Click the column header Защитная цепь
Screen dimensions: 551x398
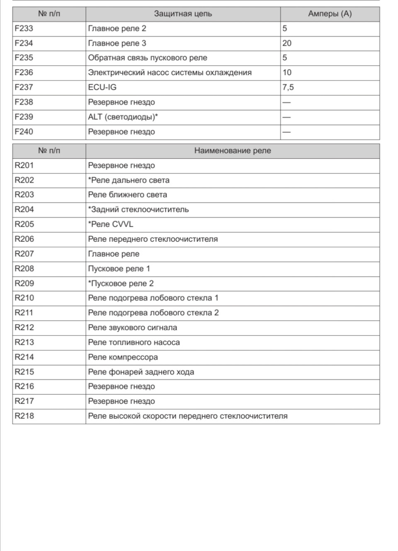183,14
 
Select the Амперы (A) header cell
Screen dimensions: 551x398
330,14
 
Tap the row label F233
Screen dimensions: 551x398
24,29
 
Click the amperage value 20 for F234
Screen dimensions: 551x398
287,43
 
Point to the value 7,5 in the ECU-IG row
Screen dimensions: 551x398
288,87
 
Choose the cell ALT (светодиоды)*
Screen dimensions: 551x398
123,117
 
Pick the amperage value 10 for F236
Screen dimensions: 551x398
287,73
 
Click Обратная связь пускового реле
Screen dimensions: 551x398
148,58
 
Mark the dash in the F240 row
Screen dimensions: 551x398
286,132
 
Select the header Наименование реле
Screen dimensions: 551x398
232,151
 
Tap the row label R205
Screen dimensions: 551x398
24,224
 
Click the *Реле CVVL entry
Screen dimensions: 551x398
111,224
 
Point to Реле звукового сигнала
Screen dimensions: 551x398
133,328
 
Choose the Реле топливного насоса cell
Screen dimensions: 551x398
134,342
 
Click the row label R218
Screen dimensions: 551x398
24,416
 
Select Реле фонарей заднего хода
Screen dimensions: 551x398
141,372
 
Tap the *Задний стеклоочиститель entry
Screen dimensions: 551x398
138,210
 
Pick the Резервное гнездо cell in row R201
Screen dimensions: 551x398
121,165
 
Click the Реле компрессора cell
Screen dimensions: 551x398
123,357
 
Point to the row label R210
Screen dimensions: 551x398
24,298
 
